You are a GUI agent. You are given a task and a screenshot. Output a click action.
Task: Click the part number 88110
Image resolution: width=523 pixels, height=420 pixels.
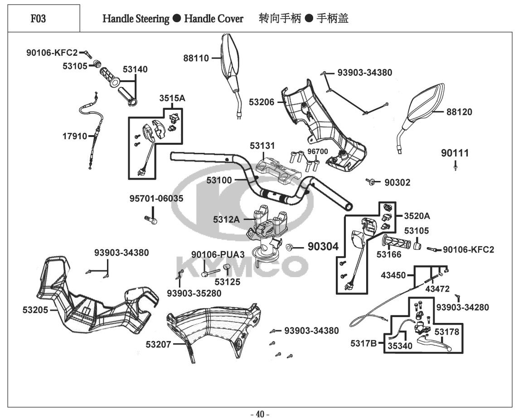[196, 58]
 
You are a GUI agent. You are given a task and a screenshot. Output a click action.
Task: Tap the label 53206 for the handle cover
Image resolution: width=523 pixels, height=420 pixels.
[261, 102]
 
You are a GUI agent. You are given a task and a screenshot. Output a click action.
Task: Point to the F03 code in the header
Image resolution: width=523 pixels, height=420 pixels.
[38, 19]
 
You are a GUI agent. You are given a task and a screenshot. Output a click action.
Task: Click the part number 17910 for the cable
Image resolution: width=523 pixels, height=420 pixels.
[74, 136]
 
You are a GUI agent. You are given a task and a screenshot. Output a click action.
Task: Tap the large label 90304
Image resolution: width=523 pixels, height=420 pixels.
[323, 246]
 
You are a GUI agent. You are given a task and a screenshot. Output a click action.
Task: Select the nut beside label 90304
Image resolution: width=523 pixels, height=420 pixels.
[291, 247]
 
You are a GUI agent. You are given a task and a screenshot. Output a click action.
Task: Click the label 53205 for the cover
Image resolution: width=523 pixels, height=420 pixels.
[35, 310]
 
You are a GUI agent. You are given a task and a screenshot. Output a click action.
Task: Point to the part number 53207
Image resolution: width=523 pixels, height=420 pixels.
[158, 345]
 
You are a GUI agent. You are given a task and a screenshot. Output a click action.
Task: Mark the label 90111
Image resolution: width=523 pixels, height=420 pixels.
[455, 153]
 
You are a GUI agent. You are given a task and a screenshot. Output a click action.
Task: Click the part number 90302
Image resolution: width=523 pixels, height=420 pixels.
[397, 183]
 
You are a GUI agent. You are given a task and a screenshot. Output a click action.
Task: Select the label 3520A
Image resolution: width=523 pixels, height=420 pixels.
[416, 216]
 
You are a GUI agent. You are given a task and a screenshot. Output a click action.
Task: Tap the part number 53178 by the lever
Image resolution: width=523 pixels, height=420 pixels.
[447, 332]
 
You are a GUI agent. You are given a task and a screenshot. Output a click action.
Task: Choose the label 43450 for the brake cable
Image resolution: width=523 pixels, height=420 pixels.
[393, 275]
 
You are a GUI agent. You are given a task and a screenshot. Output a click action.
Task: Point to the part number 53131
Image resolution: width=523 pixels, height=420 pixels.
[262, 146]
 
